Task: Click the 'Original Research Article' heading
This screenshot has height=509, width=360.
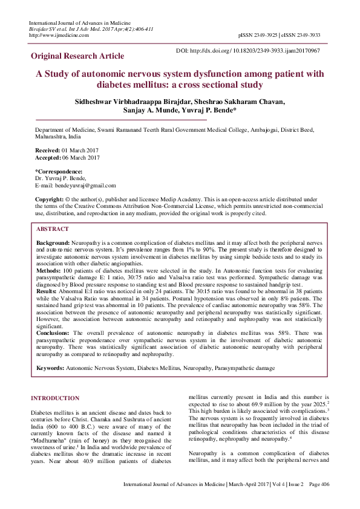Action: (77, 56)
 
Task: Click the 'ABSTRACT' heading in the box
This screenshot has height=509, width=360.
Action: (53, 230)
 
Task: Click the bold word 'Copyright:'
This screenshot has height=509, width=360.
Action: (50, 199)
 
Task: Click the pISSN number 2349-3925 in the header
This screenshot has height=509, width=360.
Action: (266, 35)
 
